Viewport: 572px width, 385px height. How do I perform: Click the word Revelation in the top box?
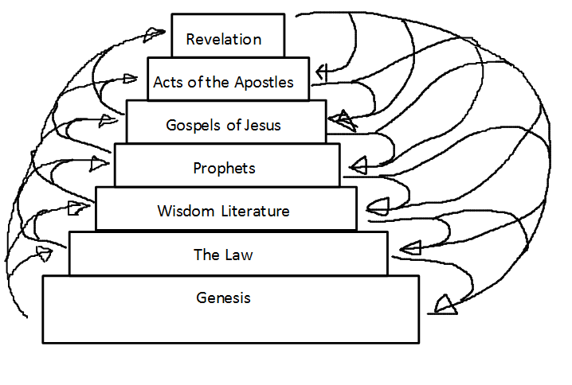pos(223,39)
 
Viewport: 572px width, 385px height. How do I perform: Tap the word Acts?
pos(167,82)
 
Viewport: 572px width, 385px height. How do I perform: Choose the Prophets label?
pos(224,168)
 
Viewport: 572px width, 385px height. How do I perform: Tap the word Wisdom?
pos(182,211)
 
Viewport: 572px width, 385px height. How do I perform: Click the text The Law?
pos(223,255)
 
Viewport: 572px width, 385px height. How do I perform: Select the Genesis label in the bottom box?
pos(223,297)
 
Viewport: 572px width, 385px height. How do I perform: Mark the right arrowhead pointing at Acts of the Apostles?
pos(323,72)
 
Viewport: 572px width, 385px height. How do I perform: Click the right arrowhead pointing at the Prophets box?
pos(358,166)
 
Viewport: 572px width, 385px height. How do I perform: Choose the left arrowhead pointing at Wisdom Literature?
pos(77,208)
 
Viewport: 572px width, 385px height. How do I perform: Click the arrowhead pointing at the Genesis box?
pos(445,304)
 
